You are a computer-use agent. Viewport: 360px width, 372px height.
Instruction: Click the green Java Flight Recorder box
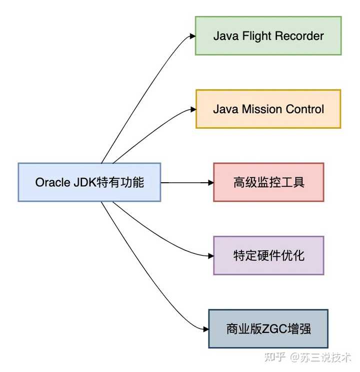pos(268,36)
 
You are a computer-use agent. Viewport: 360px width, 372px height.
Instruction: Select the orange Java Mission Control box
pos(268,109)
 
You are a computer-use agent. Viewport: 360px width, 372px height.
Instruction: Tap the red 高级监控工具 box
pos(268,182)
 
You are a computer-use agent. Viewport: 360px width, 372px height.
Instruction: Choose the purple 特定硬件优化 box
pos(268,255)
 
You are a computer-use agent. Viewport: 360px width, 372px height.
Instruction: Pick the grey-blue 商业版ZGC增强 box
pos(268,328)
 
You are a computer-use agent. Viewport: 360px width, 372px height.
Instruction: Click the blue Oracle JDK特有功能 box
pos(89,182)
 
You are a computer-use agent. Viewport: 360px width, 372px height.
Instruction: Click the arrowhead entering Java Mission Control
pos(192,109)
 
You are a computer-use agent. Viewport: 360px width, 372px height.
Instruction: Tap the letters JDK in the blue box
pos(81,182)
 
